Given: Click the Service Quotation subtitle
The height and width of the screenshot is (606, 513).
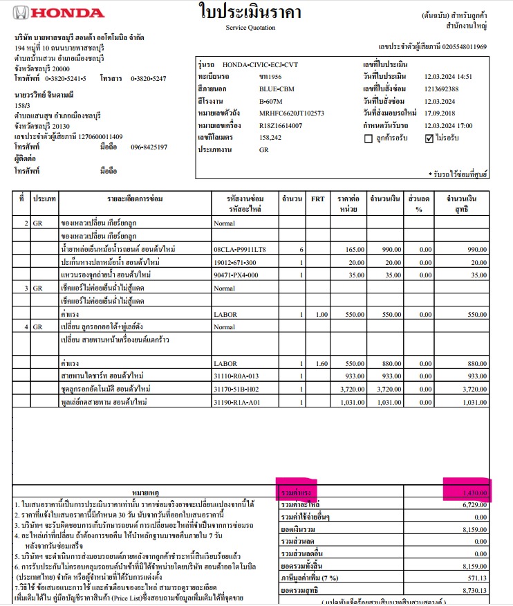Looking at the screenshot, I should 250,28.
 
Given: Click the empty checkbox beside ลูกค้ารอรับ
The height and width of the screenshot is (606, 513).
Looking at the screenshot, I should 369,138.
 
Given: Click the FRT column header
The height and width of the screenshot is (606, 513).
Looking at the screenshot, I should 318,199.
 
